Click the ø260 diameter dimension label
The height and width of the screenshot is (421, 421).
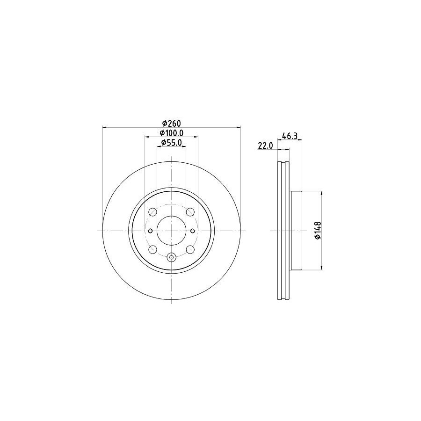pos(172,123)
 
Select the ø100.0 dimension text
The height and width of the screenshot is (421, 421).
pos(171,133)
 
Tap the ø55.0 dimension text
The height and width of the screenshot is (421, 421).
pos(171,143)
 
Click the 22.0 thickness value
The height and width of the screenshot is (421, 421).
pos(265,145)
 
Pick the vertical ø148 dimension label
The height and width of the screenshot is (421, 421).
pos(318,230)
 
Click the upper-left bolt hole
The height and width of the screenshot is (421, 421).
pos(153,212)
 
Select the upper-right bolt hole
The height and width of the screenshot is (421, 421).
pos(190,212)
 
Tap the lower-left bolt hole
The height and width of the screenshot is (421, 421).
pos(153,249)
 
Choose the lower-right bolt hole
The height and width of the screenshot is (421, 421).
pos(190,249)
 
